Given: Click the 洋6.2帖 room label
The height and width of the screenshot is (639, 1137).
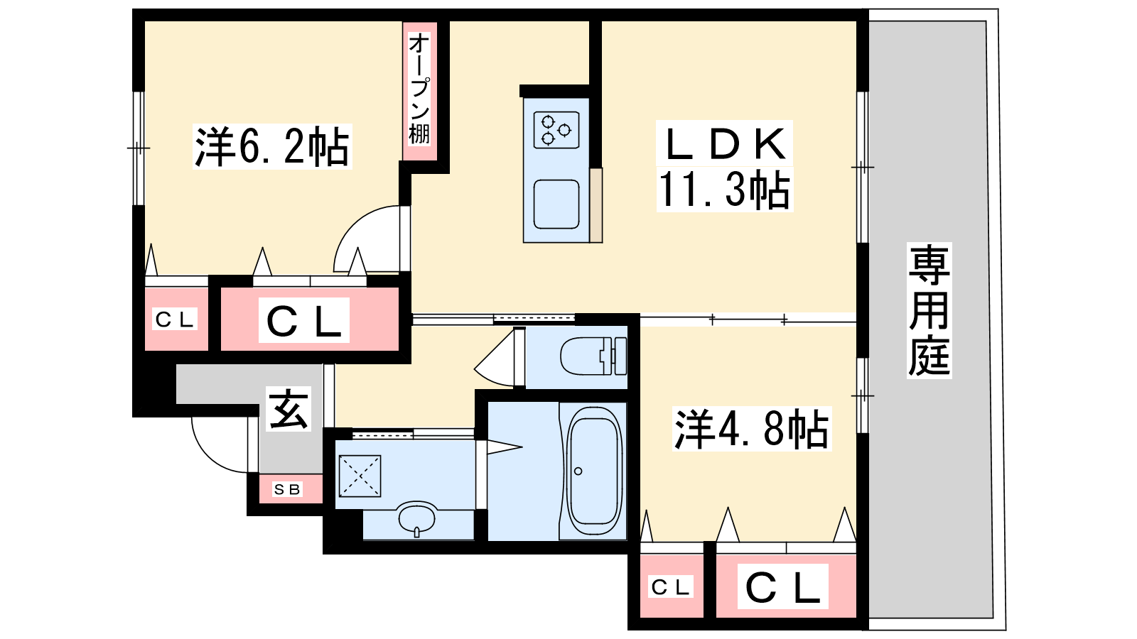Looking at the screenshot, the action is [x=272, y=146].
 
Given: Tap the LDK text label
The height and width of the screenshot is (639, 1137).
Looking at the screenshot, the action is [x=724, y=143].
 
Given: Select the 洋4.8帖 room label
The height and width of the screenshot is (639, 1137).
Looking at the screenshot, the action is [x=752, y=429].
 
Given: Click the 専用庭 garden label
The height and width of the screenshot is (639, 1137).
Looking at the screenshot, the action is [x=929, y=310].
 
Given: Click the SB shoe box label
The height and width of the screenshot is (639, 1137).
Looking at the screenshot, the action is [x=287, y=489].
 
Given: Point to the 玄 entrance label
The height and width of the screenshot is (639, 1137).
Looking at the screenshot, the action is [x=289, y=409].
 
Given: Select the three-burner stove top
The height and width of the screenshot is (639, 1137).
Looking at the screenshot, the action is [x=556, y=130].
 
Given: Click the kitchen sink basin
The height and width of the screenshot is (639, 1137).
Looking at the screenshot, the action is [x=556, y=204].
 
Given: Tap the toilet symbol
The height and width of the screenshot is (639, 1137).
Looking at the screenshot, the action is [x=593, y=356].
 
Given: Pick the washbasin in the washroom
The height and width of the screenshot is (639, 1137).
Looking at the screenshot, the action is [x=416, y=518].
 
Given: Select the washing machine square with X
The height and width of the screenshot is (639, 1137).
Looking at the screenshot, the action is [x=360, y=476].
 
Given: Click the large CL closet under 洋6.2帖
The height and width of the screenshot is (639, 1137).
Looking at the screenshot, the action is [x=310, y=319].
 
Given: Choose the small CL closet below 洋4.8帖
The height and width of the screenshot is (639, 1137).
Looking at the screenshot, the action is [x=672, y=586].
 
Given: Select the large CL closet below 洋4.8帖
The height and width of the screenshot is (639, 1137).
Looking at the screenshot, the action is [x=786, y=586].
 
